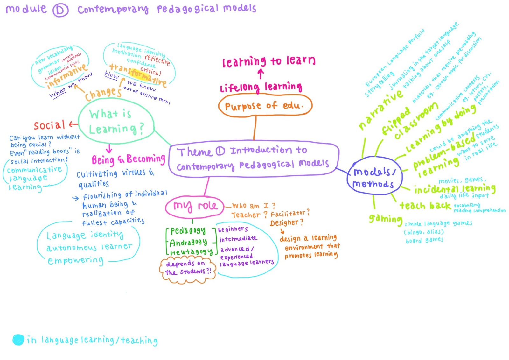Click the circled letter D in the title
60,11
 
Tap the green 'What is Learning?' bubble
116,121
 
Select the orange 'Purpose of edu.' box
265,106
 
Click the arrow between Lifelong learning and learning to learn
261,74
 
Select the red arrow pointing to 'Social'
73,124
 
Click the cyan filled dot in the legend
18,340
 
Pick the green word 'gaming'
385,219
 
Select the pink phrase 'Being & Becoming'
128,159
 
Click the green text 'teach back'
425,206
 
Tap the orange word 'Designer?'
286,222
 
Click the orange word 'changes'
103,93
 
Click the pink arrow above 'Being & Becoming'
109,148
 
